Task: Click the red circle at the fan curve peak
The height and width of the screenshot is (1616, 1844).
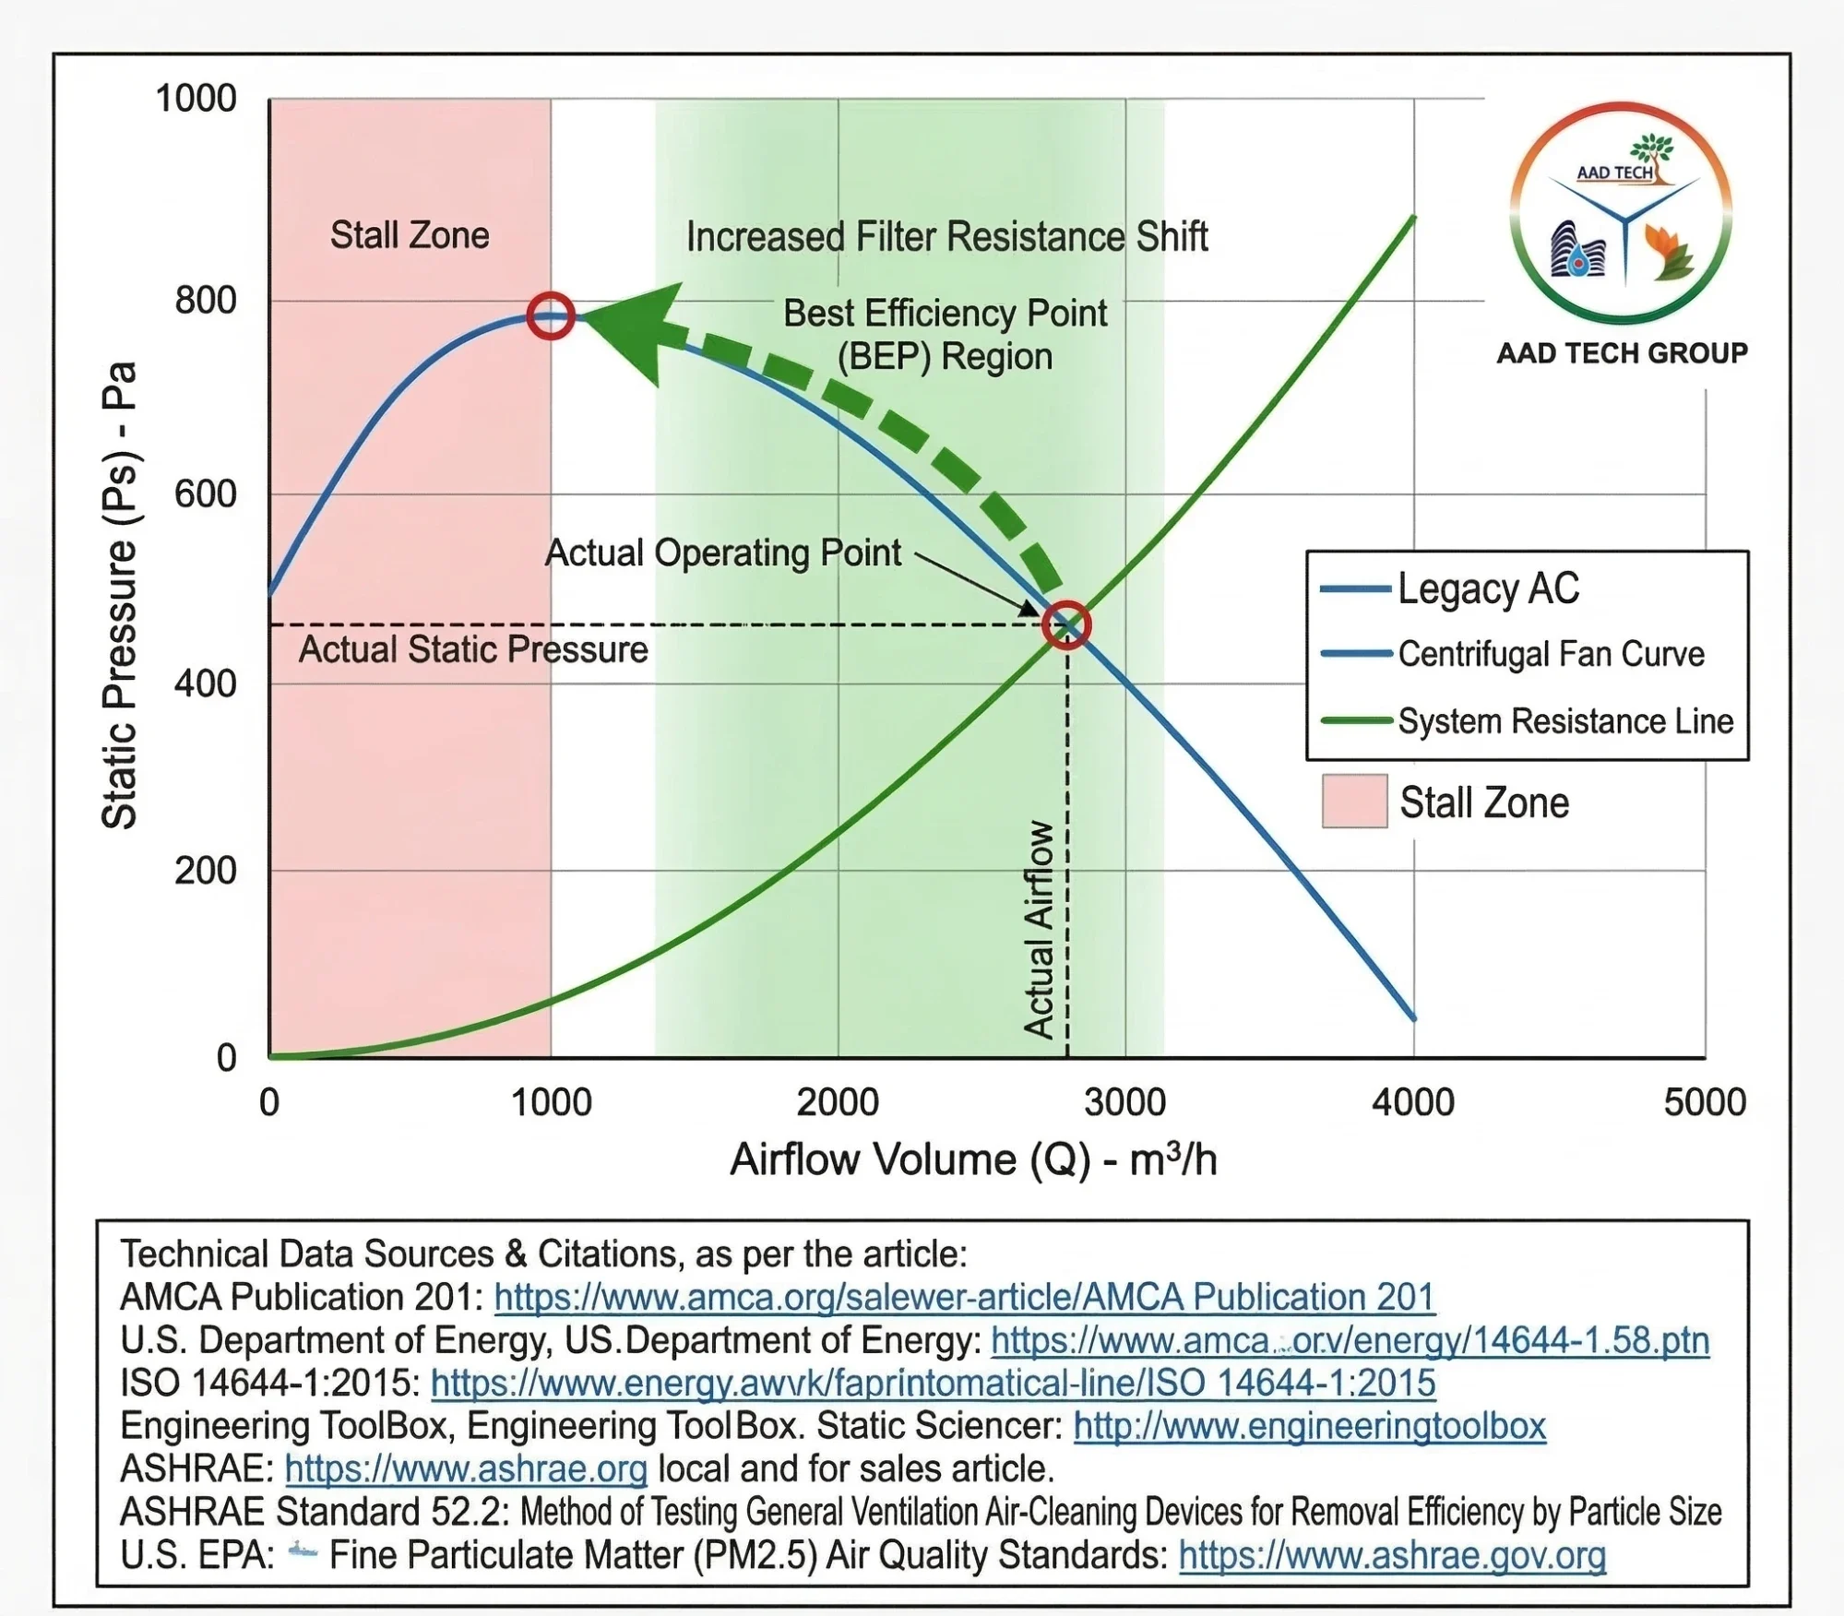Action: tap(551, 315)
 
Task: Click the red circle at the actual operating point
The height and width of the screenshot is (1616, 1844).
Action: tap(1066, 625)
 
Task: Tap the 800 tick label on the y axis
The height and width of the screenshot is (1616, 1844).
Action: tap(206, 301)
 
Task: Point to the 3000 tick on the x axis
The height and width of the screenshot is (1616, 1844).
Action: tap(1124, 1102)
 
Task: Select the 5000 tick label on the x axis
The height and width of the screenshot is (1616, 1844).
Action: tap(1704, 1102)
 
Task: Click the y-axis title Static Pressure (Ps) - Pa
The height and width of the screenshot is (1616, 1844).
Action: tap(119, 595)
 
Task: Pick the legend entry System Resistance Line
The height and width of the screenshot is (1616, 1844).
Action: tap(1564, 720)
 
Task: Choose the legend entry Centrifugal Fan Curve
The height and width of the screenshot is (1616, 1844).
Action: tap(1551, 653)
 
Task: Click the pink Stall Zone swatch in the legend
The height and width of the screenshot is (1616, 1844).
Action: tap(1354, 801)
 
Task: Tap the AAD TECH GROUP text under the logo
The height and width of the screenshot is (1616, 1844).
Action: tap(1622, 352)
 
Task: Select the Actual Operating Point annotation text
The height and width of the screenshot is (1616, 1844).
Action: tap(722, 553)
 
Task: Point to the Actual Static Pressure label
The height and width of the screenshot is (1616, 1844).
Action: tap(473, 649)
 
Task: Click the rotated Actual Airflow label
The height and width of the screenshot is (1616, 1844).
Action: tap(1039, 929)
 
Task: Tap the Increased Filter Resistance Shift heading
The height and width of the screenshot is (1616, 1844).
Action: tap(946, 237)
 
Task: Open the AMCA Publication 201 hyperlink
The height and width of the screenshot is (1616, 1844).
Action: tap(964, 1297)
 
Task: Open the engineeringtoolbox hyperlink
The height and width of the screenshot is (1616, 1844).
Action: tap(1309, 1426)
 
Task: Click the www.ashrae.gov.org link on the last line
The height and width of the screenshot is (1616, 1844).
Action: tap(1392, 1555)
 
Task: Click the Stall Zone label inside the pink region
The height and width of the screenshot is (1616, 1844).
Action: tap(410, 235)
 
